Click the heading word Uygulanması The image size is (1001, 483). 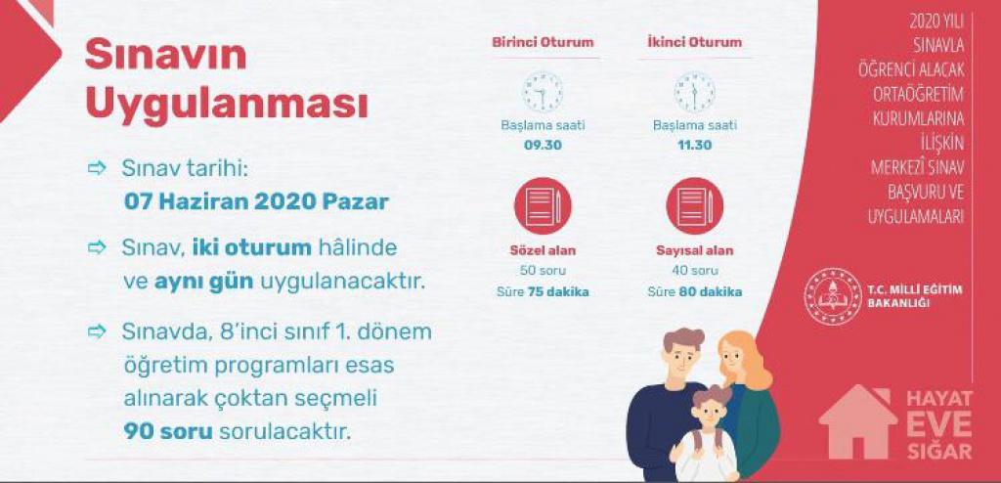(x=227, y=105)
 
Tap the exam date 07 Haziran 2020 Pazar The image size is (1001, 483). (x=256, y=201)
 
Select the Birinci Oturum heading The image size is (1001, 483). (x=543, y=42)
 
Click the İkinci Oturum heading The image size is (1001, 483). (x=694, y=42)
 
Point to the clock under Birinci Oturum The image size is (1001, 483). (x=543, y=92)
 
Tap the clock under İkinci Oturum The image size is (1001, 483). (x=695, y=92)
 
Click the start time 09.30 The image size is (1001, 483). (x=543, y=145)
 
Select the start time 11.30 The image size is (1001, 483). (x=695, y=145)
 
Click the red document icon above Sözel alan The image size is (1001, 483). (x=543, y=205)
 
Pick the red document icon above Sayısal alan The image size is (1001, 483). (x=695, y=205)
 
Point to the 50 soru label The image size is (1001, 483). (x=543, y=271)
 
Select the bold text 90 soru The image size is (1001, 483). (x=167, y=431)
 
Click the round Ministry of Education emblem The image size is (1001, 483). (x=833, y=296)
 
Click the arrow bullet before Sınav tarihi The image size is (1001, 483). (x=97, y=168)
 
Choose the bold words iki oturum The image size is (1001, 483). (x=252, y=248)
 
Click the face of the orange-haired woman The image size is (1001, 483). (x=735, y=360)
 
